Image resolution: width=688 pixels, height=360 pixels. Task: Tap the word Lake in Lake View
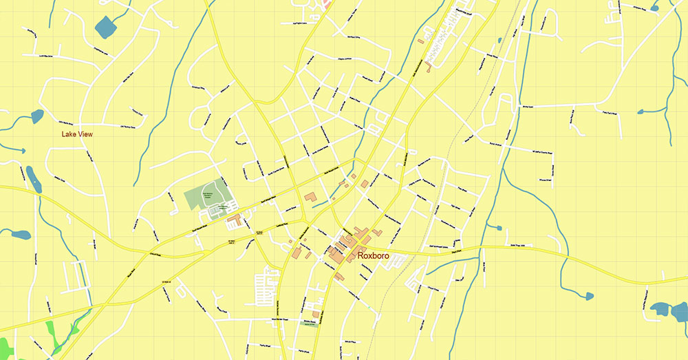point(68,134)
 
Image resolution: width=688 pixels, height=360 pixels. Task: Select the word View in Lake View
point(85,134)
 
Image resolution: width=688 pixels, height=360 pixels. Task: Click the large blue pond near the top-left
point(106,27)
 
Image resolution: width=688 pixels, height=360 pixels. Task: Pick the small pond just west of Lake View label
point(37,116)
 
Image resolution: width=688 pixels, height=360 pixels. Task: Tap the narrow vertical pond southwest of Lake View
point(33,178)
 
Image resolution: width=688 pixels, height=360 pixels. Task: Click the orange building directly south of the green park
point(234,220)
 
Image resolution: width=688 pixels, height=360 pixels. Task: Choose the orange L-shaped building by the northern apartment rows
point(428,67)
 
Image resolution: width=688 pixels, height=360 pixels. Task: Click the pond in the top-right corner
point(654,8)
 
